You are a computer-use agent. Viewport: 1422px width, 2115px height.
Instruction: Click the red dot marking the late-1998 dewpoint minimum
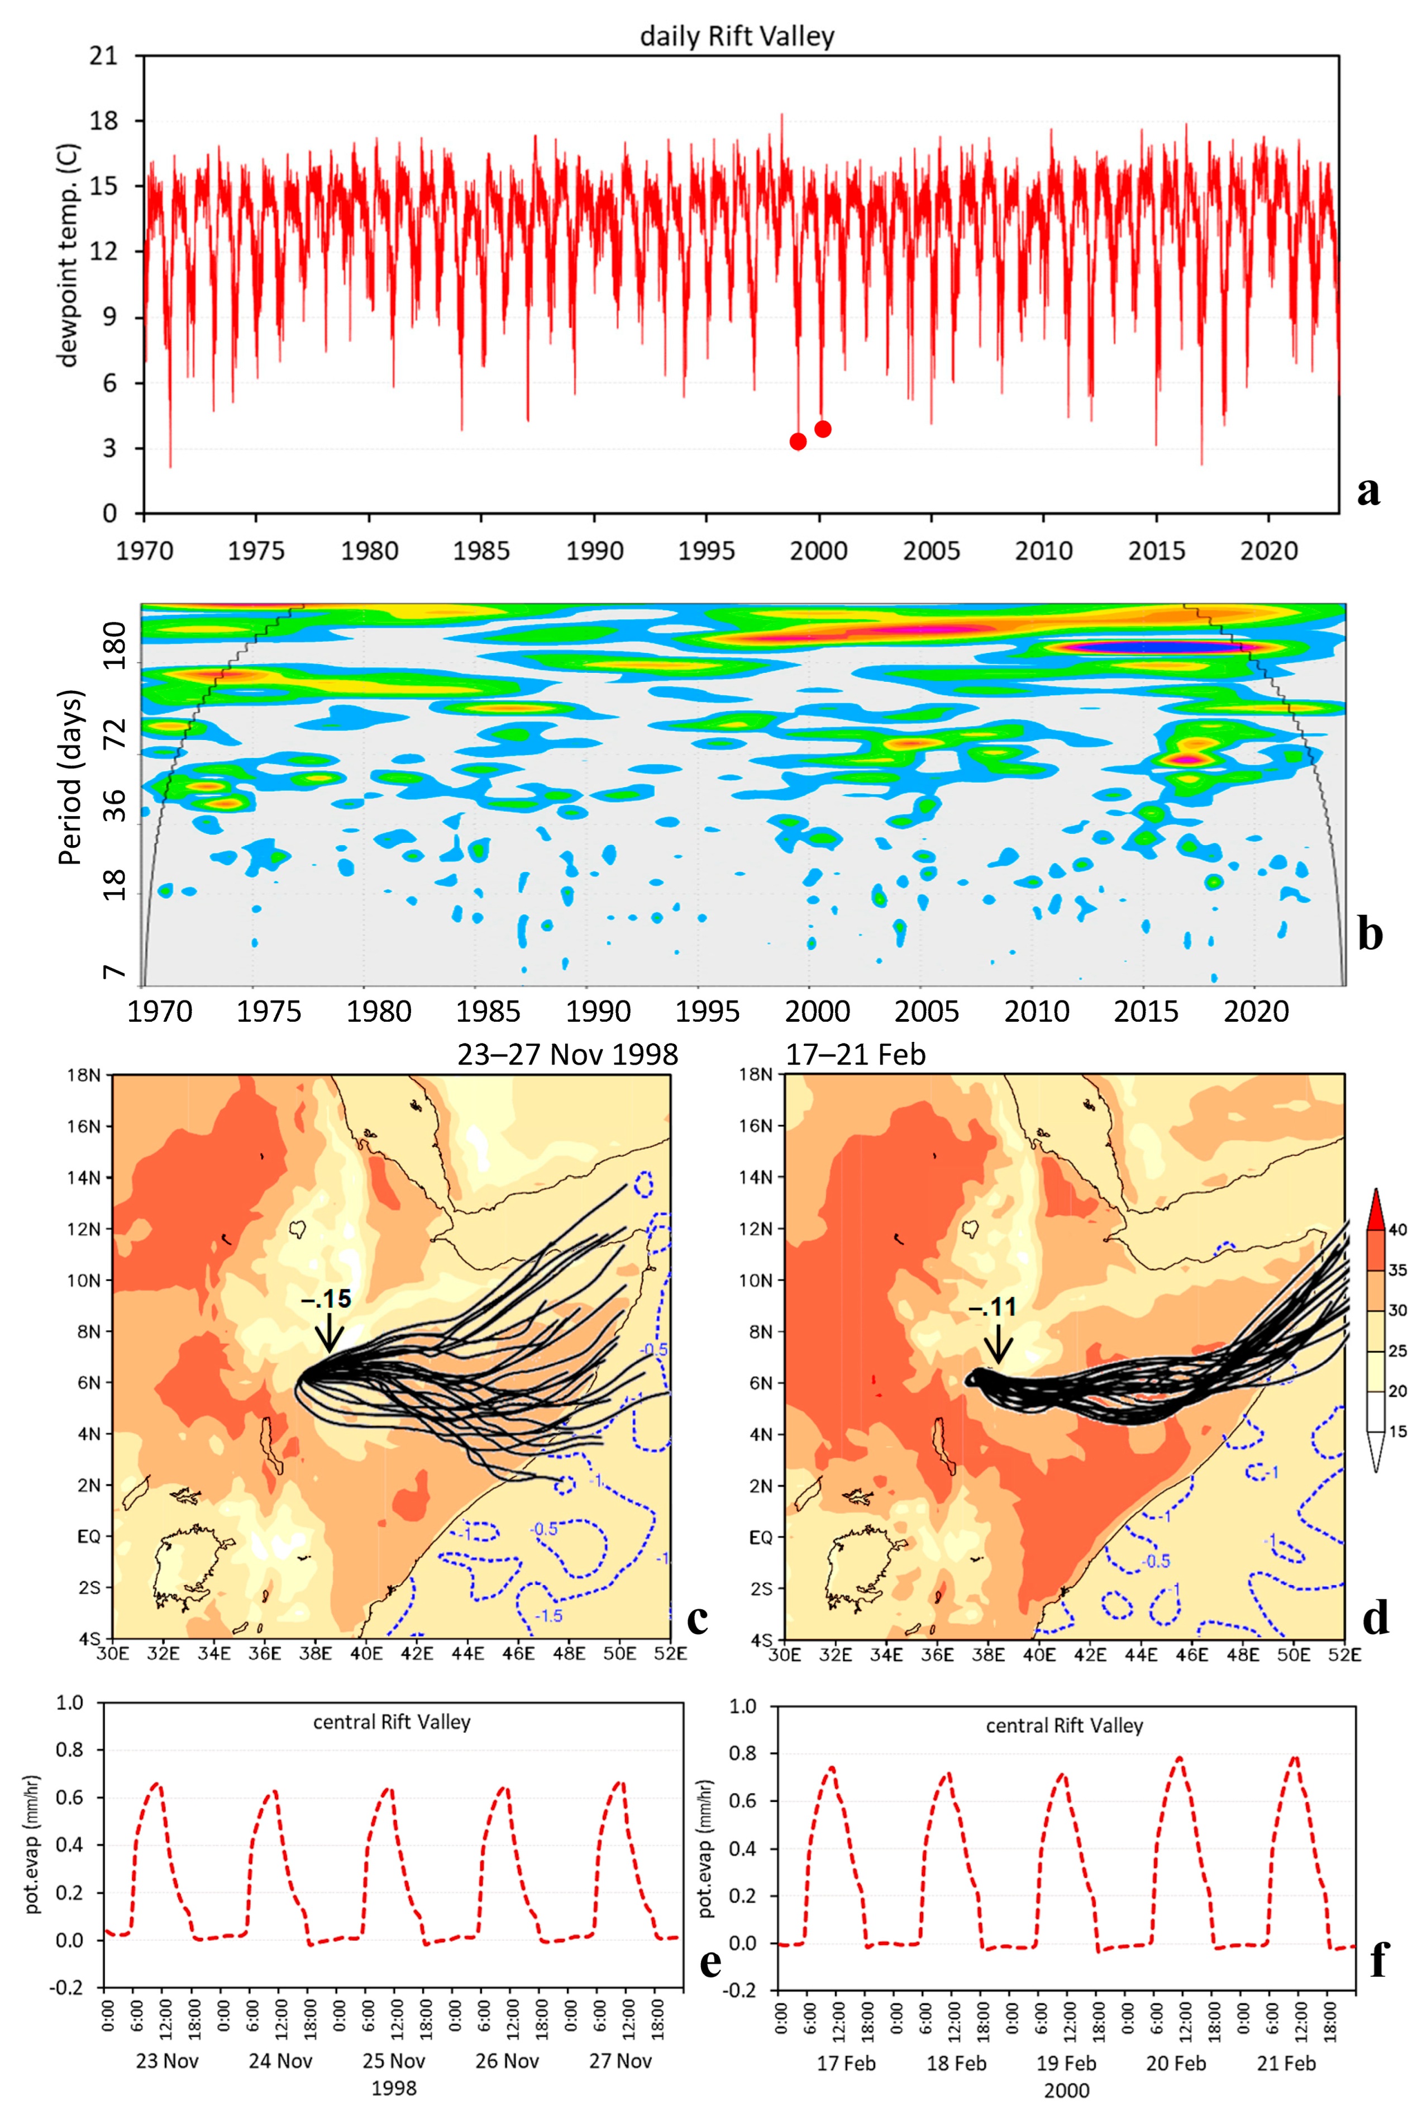coord(798,442)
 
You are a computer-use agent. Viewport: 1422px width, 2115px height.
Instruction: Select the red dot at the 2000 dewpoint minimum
coord(823,429)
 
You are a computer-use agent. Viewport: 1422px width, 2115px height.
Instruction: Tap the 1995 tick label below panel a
coord(707,551)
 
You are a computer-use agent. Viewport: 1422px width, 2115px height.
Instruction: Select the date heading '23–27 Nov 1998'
coord(567,1054)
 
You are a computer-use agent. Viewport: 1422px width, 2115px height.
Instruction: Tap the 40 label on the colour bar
coord(1397,1230)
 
